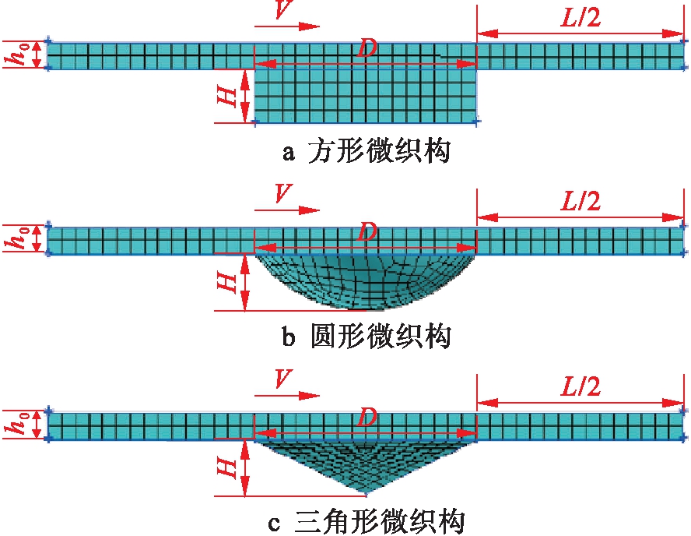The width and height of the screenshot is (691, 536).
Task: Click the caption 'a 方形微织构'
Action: coord(367,151)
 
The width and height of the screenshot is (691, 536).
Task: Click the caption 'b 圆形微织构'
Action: coord(367,337)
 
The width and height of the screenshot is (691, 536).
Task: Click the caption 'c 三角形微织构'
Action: coord(367,520)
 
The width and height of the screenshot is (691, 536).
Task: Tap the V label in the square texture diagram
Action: coord(286,12)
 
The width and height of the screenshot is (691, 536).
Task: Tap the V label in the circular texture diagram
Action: coord(286,196)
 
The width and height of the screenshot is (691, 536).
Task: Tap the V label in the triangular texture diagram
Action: coord(286,381)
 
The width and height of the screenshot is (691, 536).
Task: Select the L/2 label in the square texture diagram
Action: coord(580,17)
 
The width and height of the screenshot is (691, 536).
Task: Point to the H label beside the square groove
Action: coord(226,96)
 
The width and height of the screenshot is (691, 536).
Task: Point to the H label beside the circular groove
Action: coord(226,282)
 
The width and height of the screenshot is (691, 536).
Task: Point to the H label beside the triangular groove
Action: coord(226,467)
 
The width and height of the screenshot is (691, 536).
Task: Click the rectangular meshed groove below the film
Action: coord(366,95)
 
